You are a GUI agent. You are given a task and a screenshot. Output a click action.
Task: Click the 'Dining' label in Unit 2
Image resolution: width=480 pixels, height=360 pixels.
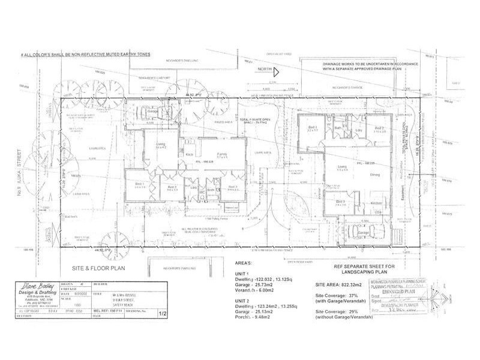tap(375, 175)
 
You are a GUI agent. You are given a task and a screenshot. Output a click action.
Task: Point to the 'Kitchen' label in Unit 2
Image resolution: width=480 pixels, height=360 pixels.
tap(376, 204)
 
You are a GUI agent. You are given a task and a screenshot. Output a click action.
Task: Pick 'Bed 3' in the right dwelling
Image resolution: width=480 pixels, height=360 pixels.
tap(339, 201)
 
